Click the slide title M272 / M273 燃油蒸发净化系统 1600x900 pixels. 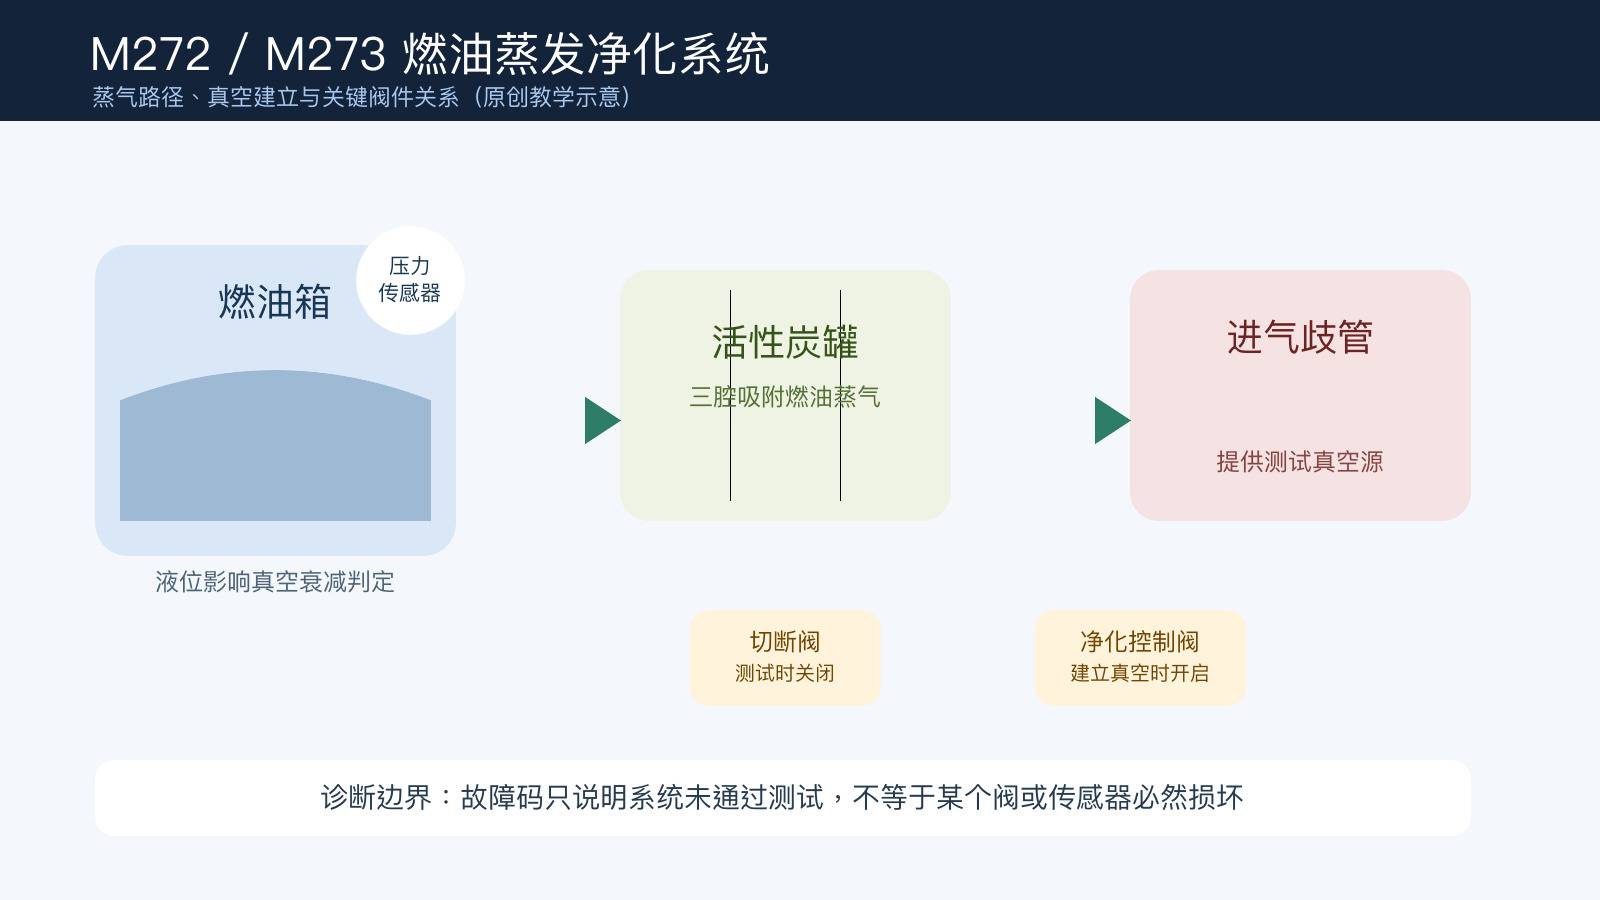[429, 54]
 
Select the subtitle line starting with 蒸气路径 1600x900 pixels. [361, 97]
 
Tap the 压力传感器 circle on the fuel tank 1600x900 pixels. [410, 280]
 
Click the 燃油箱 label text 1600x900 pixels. [274, 301]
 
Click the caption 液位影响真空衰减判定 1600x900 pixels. [275, 581]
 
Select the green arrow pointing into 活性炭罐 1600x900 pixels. [602, 420]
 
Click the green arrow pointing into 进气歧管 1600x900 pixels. [1112, 420]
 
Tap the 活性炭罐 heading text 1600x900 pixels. [785, 342]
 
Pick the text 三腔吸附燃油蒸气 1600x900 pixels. [785, 396]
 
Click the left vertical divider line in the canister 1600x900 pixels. [730, 395]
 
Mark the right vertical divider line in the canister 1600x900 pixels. [840, 395]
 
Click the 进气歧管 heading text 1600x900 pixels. [1300, 337]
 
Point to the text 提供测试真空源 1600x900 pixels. [1300, 461]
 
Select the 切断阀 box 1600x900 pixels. [785, 658]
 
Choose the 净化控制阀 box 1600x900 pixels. [1140, 658]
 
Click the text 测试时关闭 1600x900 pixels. [785, 673]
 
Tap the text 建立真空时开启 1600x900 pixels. [1140, 673]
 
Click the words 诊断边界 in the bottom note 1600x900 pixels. [376, 797]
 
